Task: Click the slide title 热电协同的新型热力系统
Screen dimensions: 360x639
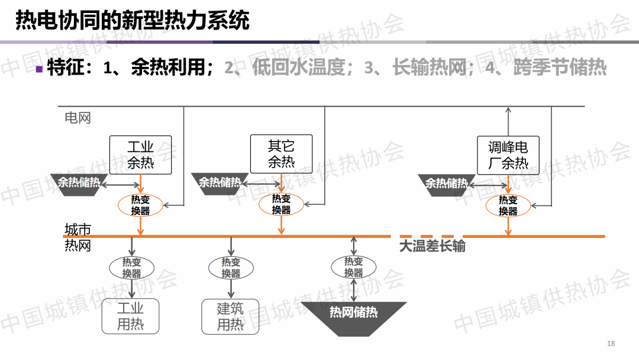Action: [x=132, y=21]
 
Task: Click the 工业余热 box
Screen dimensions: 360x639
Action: [x=140, y=155]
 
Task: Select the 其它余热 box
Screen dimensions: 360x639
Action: [x=281, y=154]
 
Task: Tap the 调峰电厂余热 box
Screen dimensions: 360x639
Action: [x=508, y=155]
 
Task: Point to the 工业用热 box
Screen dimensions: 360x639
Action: [x=130, y=316]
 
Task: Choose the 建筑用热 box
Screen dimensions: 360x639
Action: [x=230, y=316]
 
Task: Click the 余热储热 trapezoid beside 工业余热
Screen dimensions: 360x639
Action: [x=79, y=183]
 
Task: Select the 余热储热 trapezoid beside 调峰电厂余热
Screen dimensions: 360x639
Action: [x=447, y=184]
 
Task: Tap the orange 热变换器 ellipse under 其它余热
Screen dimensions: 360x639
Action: [x=281, y=204]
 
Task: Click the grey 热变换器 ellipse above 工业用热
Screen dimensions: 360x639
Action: [x=131, y=268]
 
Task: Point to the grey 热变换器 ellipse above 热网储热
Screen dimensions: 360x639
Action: [x=354, y=267]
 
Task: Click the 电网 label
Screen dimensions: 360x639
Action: [x=78, y=118]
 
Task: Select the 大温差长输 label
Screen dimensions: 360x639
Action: [x=432, y=246]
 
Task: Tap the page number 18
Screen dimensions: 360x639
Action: [x=611, y=344]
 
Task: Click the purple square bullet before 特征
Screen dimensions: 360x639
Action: [x=39, y=69]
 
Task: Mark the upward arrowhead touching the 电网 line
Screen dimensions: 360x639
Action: [x=508, y=110]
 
